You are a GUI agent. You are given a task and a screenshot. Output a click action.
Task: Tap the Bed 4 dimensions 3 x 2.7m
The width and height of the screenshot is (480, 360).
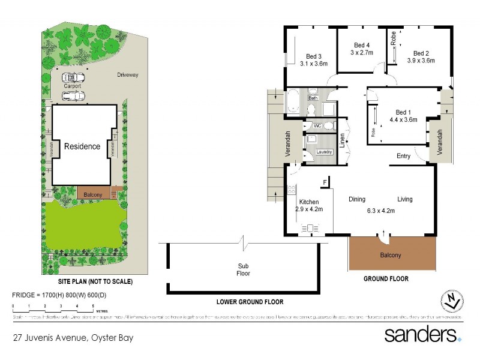click(361, 53)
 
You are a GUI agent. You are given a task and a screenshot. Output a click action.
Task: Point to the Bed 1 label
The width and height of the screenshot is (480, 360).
click(403, 112)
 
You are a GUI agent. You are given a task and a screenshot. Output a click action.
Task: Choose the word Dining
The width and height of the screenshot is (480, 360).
click(357, 199)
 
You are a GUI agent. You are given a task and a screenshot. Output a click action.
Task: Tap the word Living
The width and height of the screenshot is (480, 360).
click(404, 199)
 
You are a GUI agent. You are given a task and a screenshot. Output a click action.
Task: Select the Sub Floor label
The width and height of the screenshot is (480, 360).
click(243, 269)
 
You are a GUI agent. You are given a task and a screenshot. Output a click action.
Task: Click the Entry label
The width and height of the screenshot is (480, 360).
click(403, 156)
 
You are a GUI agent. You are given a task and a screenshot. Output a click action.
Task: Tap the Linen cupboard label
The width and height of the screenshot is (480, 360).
click(343, 140)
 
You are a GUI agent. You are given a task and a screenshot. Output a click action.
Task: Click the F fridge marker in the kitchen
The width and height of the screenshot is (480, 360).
click(325, 182)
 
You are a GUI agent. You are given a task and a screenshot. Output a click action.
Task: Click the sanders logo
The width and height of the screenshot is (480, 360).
click(423, 334)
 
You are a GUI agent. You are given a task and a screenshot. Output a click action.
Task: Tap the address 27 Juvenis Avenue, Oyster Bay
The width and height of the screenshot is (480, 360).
click(73, 337)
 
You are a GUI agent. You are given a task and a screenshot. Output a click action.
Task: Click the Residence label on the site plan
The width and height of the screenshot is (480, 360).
click(82, 146)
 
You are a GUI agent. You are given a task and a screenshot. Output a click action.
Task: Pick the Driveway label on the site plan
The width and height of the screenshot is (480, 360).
click(127, 75)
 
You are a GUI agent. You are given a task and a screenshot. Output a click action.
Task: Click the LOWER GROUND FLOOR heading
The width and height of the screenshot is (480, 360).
click(250, 302)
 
